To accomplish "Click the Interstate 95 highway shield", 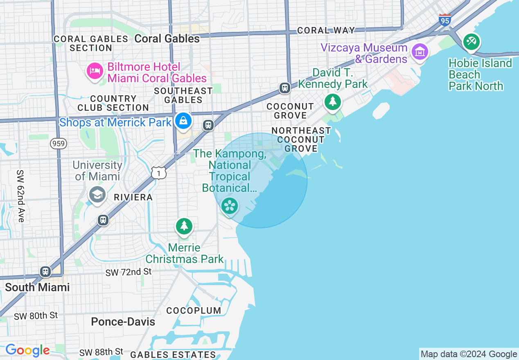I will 445,20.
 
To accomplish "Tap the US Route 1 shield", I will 159,173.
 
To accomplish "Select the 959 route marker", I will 59,144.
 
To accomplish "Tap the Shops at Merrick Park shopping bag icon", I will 183,121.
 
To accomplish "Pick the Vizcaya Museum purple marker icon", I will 420,52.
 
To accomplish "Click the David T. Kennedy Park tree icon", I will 332,101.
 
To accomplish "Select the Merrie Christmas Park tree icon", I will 184,226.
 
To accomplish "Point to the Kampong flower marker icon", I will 230,205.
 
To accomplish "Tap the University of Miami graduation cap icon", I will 97,194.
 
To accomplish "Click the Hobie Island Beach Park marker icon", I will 472,42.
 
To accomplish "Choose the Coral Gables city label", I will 167,38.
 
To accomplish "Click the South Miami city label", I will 37,287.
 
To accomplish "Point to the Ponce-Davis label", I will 123,322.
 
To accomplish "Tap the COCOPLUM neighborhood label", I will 194,310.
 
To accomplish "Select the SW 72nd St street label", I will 129,272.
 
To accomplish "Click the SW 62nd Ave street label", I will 21,196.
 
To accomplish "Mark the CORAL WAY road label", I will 326,30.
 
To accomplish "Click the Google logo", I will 27,351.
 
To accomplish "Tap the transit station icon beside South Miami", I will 45,271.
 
